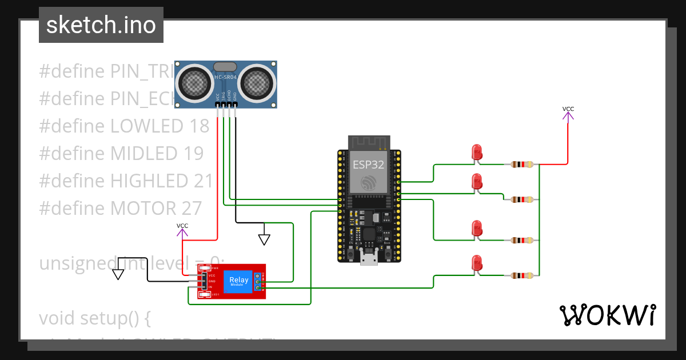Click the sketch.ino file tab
101,25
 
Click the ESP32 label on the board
368,165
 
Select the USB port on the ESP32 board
368,258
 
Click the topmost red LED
477,153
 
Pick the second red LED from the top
477,182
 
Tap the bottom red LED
477,263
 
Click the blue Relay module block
238,281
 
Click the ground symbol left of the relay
118,273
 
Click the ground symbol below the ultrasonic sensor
264,238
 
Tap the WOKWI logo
607,315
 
